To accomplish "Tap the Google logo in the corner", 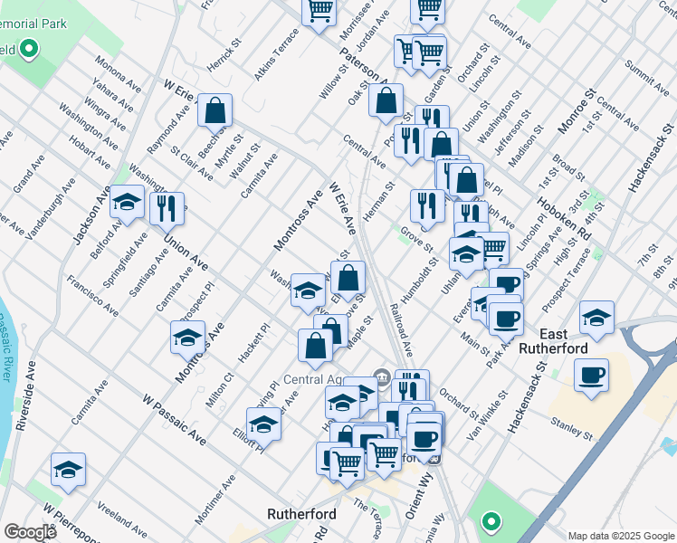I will [x=30, y=531].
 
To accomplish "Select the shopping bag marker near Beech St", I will [x=215, y=111].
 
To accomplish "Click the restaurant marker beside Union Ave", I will [x=166, y=209].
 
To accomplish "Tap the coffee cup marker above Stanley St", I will [x=591, y=375].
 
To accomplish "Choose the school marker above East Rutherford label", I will [x=596, y=318].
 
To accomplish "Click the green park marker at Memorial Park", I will [x=29, y=48].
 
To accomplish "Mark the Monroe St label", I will [x=576, y=111].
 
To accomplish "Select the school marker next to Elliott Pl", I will [x=263, y=423].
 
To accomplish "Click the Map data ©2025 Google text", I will [x=620, y=535].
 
